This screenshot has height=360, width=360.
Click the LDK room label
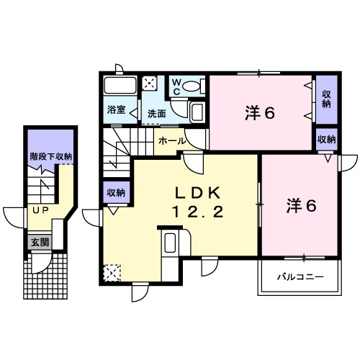(193, 192)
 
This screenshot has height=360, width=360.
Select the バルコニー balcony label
(300, 276)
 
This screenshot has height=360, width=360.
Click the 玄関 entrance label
(40, 242)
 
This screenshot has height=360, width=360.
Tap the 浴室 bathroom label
(116, 110)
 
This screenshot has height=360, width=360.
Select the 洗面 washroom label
(156, 114)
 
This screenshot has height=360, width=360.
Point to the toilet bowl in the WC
(192, 86)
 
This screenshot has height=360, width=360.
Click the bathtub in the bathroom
(120, 85)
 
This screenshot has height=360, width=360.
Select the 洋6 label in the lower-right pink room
(301, 206)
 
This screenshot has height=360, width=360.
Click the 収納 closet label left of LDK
(116, 193)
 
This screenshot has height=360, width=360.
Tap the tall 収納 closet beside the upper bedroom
(325, 99)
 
